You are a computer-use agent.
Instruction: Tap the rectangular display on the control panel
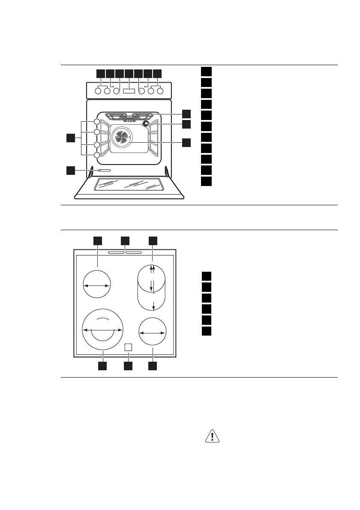point(129,91)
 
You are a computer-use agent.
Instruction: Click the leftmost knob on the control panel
point(98,91)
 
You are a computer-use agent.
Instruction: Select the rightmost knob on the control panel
point(160,91)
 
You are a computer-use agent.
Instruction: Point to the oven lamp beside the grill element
point(146,124)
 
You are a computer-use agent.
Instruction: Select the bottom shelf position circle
point(97,155)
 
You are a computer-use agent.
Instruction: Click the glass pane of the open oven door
point(129,184)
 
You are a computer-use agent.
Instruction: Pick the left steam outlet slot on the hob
point(116,252)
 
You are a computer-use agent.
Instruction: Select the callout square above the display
point(129,73)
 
